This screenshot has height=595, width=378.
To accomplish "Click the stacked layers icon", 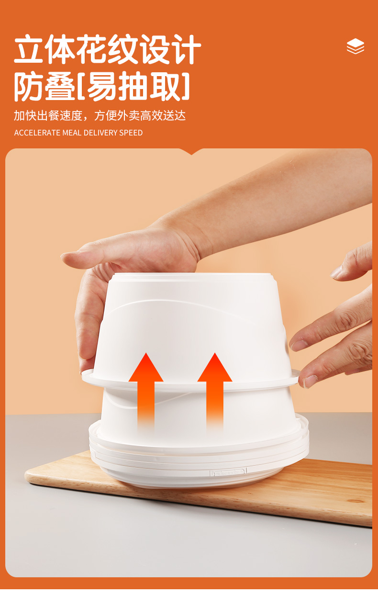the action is [356, 46].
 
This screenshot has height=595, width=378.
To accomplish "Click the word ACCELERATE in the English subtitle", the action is [37, 133].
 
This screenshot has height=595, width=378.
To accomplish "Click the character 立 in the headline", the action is [28, 49].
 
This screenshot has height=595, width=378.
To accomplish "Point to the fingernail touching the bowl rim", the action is [310, 382].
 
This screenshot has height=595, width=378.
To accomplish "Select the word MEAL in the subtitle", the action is [72, 133].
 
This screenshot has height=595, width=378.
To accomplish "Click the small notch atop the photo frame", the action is [191, 152].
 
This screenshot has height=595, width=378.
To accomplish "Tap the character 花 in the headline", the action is [91, 49].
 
